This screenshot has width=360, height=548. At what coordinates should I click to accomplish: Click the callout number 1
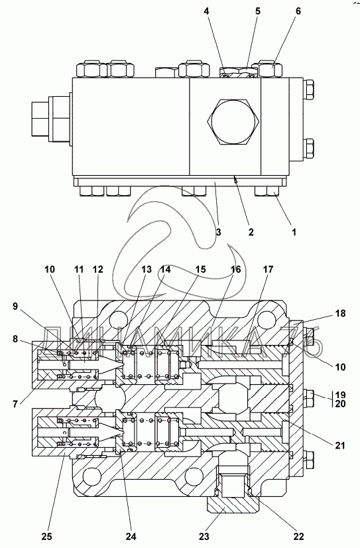click(x=294, y=232)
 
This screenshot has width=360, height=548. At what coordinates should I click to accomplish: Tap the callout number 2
click(x=251, y=232)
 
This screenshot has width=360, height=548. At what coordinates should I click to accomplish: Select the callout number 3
click(x=218, y=232)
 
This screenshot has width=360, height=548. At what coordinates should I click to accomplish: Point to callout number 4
click(x=207, y=11)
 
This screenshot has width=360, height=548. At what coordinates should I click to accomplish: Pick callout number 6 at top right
click(x=298, y=11)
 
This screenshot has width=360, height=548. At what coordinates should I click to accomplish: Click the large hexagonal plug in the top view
click(x=233, y=121)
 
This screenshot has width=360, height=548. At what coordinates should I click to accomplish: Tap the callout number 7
click(x=15, y=404)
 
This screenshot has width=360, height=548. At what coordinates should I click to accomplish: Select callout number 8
click(x=15, y=338)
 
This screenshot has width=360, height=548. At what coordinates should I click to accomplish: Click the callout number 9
click(x=15, y=307)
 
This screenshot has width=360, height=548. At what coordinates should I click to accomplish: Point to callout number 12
click(x=98, y=269)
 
